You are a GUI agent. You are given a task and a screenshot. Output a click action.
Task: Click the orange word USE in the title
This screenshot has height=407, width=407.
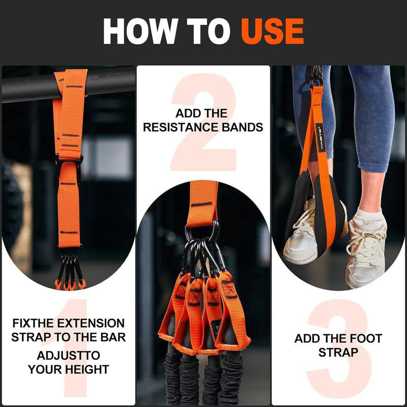[272, 31]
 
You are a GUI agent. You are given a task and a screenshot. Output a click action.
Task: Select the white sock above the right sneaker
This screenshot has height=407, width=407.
[369, 214]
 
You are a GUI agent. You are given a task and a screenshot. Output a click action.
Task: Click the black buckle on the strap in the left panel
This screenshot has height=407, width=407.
[69, 168]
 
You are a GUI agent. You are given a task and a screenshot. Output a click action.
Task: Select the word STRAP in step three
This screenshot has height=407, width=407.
[338, 352]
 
